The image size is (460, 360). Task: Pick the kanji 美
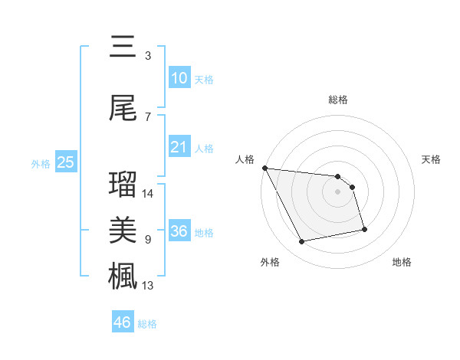pos(123,230)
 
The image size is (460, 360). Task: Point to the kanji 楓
pos(123,275)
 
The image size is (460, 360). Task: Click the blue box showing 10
pos(179,77)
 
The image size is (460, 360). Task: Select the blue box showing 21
pos(179,147)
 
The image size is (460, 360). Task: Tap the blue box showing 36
pos(179,231)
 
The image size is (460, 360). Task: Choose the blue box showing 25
pos(65,162)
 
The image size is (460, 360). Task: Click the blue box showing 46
pos(123,322)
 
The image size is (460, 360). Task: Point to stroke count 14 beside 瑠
pos(149,194)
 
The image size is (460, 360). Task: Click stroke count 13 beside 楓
pos(149,286)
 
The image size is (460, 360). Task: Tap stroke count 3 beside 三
pos(147,55)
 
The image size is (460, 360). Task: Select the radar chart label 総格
pos(338,100)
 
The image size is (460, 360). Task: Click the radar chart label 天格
pos(432,159)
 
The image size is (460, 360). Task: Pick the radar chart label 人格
pos(245,159)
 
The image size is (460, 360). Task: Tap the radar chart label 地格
pos(402,262)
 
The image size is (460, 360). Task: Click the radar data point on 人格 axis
pos(264,168)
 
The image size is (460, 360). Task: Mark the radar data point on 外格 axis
pos(302,242)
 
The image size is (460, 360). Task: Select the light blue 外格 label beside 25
pos(40,163)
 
